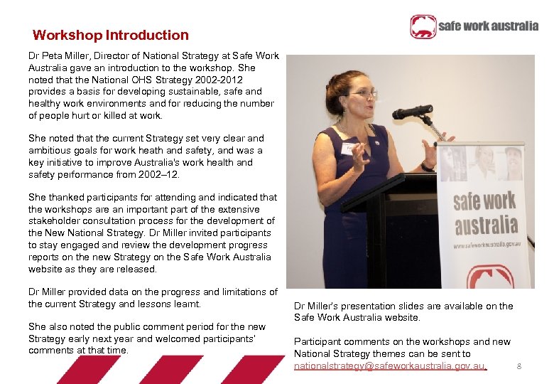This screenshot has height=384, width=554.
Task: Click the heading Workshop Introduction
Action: [x=111, y=35]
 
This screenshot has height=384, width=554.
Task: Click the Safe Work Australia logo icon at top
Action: [x=423, y=27]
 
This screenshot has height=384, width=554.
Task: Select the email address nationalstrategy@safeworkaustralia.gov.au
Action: [x=389, y=366]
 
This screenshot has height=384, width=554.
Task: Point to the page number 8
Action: [x=519, y=366]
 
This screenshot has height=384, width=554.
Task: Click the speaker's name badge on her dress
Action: [x=349, y=149]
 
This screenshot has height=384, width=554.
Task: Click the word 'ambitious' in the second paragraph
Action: [x=48, y=150]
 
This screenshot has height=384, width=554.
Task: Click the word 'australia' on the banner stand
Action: [x=486, y=225]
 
